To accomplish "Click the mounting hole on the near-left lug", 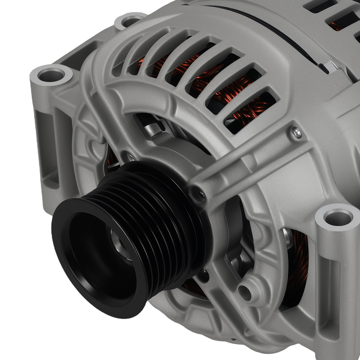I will (x=51, y=75).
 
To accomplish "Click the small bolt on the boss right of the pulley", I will (x=202, y=194).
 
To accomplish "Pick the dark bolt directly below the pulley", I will (x=204, y=274).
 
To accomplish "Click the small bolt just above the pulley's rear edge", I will (x=128, y=157).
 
